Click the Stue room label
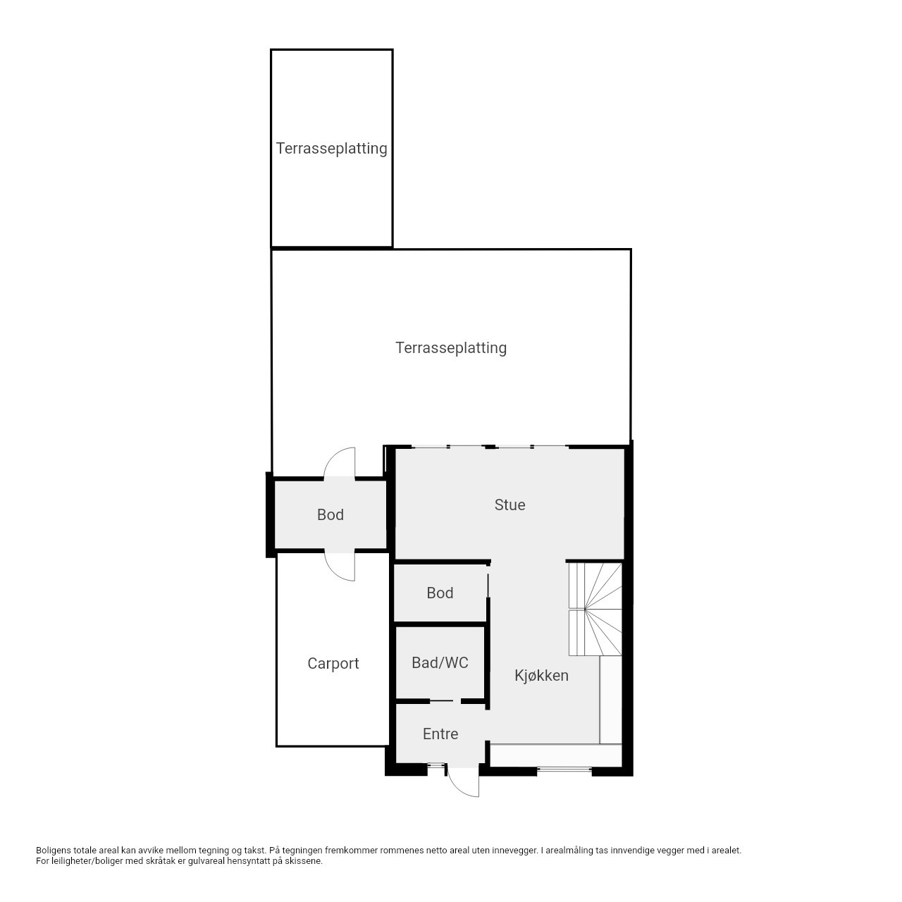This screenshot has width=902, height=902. point(509,505)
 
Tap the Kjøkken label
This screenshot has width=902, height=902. point(541,676)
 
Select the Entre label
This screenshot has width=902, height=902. point(440,734)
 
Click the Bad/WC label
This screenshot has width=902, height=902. point(440,662)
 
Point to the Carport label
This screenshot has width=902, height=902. point(333,663)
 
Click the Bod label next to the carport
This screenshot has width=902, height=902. point(330,514)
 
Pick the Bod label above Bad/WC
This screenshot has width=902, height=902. point(440,593)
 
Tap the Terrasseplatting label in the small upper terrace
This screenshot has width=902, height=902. point(331,149)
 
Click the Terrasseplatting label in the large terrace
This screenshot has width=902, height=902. point(451,348)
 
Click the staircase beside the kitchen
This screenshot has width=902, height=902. point(595,609)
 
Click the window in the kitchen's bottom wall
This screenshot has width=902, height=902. point(564,769)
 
